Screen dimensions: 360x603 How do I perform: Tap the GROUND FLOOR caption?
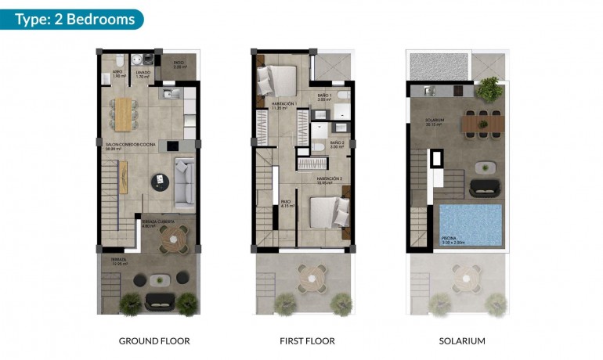tap(154, 341)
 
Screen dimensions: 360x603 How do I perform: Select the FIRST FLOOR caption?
tap(307, 341)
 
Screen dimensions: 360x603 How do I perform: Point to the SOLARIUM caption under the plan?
tap(462, 341)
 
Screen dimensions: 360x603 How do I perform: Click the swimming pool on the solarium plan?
tap(470, 224)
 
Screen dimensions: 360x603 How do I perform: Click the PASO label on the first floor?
tap(286, 202)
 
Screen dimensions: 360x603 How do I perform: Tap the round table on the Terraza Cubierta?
tap(175, 237)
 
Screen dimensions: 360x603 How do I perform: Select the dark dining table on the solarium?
tap(483, 123)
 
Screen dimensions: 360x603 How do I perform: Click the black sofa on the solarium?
tap(484, 188)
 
